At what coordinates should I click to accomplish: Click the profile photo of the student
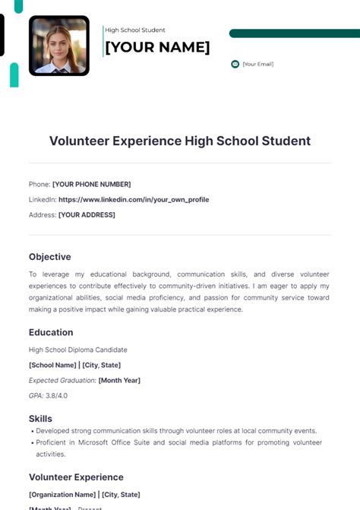point(59,46)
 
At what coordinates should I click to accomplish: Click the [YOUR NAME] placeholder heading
point(157,47)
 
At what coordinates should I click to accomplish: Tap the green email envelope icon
point(235,64)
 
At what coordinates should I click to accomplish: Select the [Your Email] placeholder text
point(258,64)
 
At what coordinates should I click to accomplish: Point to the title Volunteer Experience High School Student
point(180,141)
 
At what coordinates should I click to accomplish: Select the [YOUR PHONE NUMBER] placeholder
point(91,184)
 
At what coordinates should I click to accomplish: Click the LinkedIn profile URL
point(134,199)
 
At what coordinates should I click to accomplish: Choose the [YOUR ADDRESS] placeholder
point(87,214)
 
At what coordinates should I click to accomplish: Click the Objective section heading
point(50,257)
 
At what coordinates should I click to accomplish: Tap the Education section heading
point(51,332)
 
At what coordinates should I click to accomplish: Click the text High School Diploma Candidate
point(78,350)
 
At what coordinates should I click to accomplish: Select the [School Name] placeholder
point(52,365)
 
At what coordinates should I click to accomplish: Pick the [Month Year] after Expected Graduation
point(119,380)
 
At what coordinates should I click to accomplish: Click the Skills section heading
point(40,419)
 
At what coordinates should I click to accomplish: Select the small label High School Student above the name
point(135,30)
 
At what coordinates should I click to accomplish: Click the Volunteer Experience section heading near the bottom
point(76,477)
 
